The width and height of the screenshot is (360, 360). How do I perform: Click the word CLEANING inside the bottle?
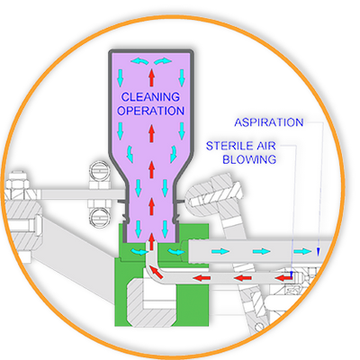point(150,97)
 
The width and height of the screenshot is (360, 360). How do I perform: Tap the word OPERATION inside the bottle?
point(150,111)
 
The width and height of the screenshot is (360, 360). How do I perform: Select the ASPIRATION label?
point(269,122)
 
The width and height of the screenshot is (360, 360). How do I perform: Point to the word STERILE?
point(227,146)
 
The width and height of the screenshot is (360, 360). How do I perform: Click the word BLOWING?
point(249,159)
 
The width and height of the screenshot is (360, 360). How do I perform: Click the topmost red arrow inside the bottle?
point(151,76)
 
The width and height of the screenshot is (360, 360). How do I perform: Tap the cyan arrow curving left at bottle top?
point(139,61)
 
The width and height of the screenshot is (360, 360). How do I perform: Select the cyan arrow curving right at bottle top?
point(163,61)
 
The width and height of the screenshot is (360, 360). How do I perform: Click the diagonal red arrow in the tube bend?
point(157,272)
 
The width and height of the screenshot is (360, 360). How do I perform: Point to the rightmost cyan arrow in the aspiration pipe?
point(302,251)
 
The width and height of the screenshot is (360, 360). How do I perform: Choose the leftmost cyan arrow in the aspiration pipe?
point(220,251)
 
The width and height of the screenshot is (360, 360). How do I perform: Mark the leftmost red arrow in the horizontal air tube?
point(202,278)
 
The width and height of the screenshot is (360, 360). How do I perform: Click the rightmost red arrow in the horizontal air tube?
point(283,278)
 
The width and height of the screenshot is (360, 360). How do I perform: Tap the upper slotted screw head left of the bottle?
point(100,172)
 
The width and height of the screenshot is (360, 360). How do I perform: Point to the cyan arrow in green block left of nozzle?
point(139,252)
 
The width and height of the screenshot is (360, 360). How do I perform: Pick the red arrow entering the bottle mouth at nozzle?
point(151,241)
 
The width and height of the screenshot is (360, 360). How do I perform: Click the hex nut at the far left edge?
point(18,187)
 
